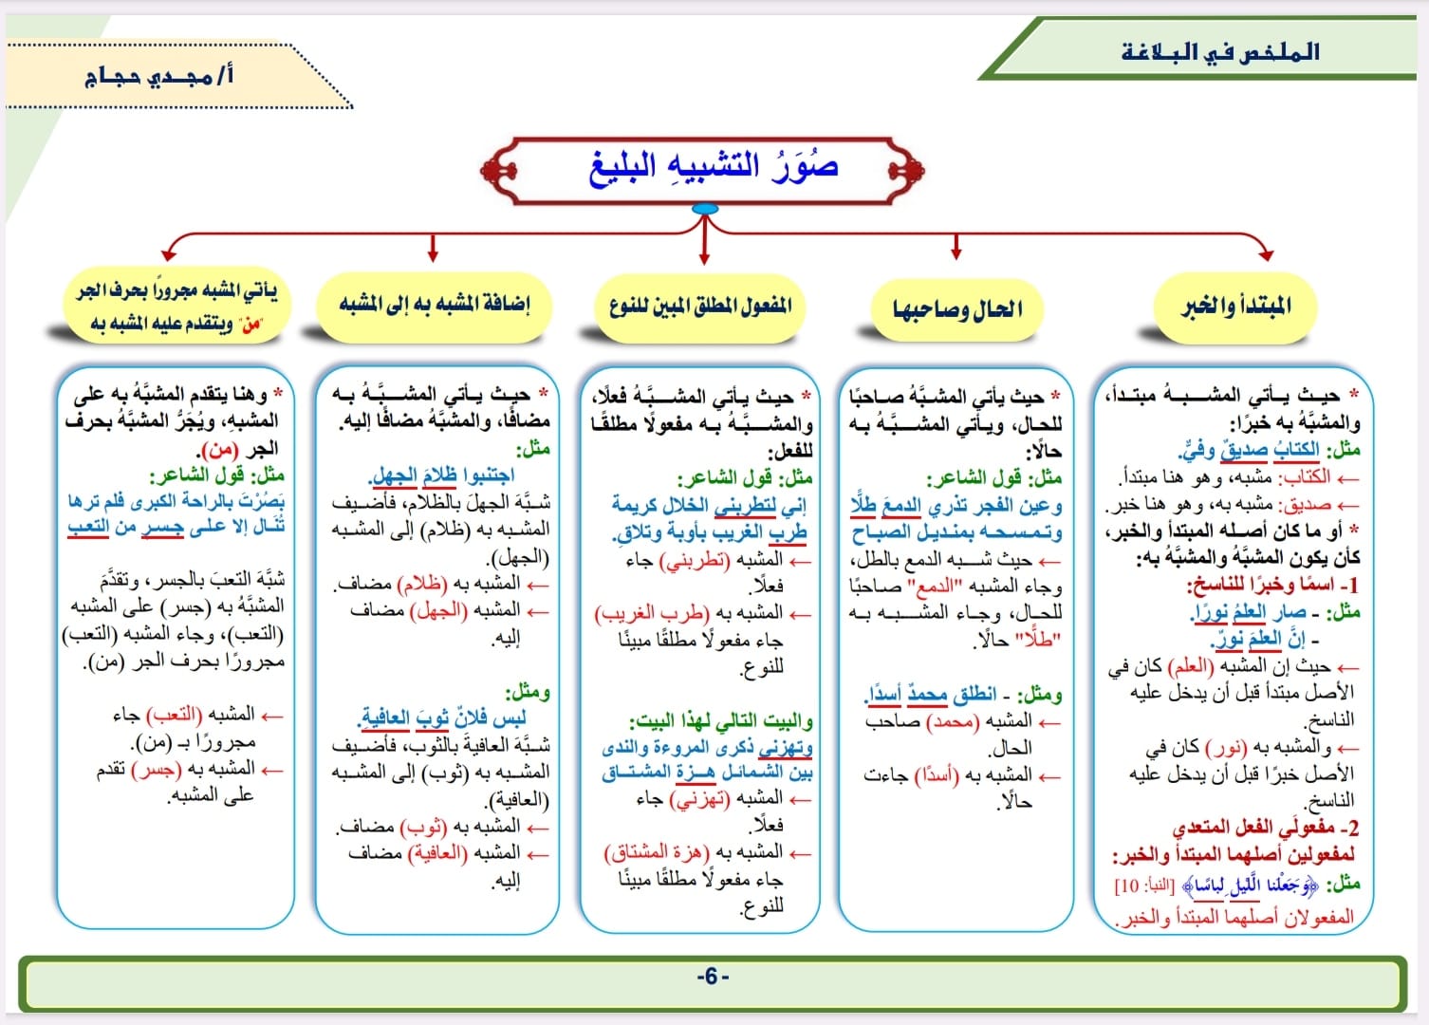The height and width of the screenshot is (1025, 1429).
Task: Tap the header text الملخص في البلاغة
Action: [1219, 52]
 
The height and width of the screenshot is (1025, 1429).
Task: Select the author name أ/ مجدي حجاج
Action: [158, 77]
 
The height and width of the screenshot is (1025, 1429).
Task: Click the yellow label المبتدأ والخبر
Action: [1235, 307]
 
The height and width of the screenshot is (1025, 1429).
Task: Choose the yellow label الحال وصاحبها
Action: [956, 309]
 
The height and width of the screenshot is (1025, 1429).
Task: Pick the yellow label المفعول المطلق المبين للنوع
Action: [700, 307]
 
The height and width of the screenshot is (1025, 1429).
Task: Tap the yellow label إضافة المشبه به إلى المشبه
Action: [435, 303]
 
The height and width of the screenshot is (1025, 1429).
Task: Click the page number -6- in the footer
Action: [713, 977]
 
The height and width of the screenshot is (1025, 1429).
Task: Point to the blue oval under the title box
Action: [705, 209]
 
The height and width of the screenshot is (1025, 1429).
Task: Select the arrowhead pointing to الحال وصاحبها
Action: [956, 254]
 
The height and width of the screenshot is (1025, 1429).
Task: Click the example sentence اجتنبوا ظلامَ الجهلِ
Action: [441, 475]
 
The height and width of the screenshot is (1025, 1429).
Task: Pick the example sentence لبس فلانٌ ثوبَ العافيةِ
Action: [441, 718]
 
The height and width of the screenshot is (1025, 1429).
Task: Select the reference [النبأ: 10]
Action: [1143, 885]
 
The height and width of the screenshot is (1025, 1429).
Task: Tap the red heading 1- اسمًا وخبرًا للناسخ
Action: [1272, 585]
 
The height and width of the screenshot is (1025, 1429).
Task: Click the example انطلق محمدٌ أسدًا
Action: [930, 695]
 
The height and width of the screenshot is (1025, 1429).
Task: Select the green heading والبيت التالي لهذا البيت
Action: [721, 721]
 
